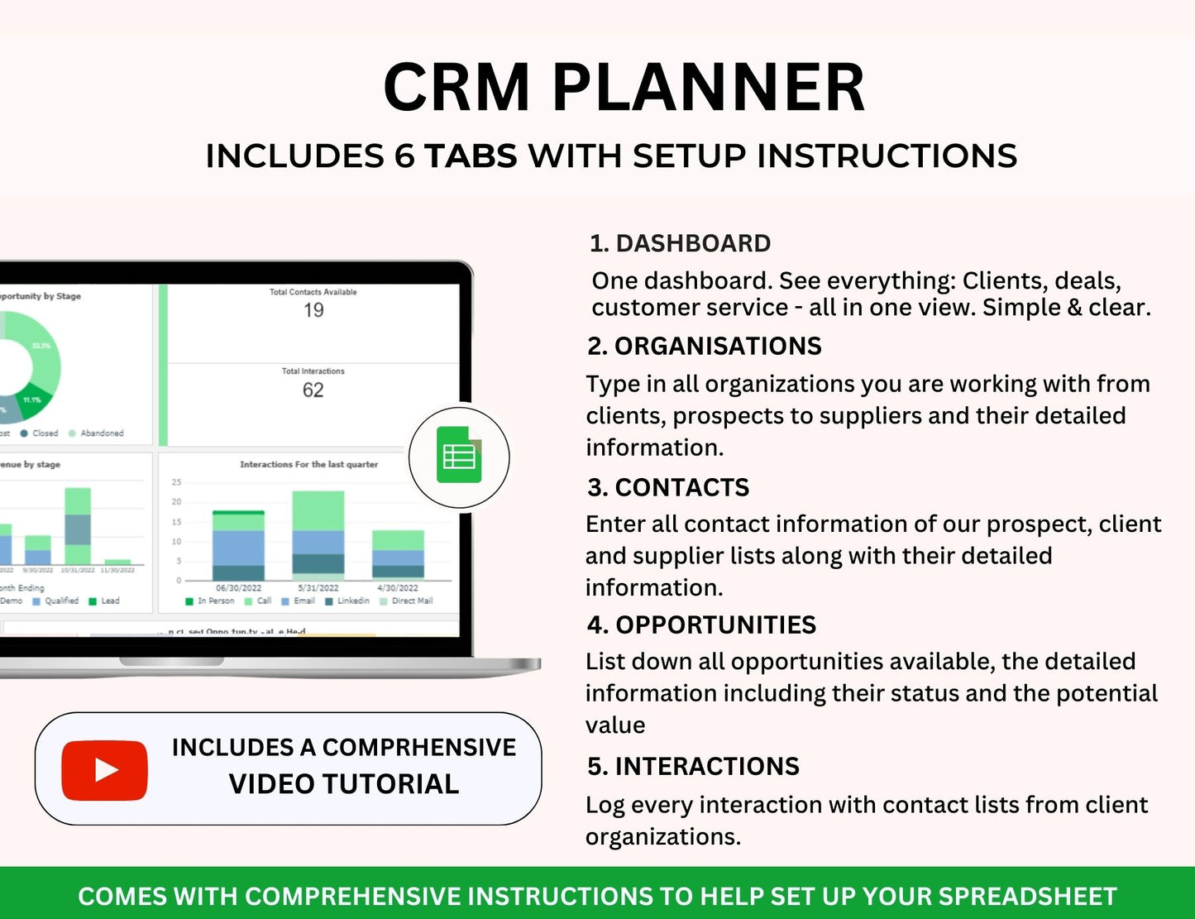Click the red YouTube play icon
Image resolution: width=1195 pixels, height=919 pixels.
click(x=104, y=770)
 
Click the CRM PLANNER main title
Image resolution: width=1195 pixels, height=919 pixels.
click(x=624, y=88)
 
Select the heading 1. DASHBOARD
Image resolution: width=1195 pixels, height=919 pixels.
click(x=680, y=243)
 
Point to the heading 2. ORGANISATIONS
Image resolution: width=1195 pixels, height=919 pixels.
click(x=705, y=346)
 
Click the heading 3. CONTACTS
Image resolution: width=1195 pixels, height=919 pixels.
click(x=668, y=487)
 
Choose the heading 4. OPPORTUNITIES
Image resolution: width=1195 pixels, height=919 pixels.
click(x=701, y=625)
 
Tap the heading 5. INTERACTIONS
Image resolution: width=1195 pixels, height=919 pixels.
click(x=693, y=766)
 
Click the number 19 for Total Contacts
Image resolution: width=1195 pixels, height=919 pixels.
click(x=313, y=311)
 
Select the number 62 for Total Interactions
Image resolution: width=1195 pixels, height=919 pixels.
click(x=313, y=390)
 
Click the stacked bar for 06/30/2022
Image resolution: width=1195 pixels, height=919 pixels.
click(x=238, y=546)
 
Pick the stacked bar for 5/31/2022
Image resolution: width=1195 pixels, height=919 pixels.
click(x=318, y=535)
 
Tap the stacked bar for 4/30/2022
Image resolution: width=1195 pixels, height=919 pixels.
click(x=398, y=554)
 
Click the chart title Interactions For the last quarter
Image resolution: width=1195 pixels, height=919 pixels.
click(x=308, y=465)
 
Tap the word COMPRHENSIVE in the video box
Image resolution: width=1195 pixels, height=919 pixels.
click(x=418, y=747)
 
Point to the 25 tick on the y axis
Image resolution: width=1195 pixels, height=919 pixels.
click(x=176, y=482)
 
